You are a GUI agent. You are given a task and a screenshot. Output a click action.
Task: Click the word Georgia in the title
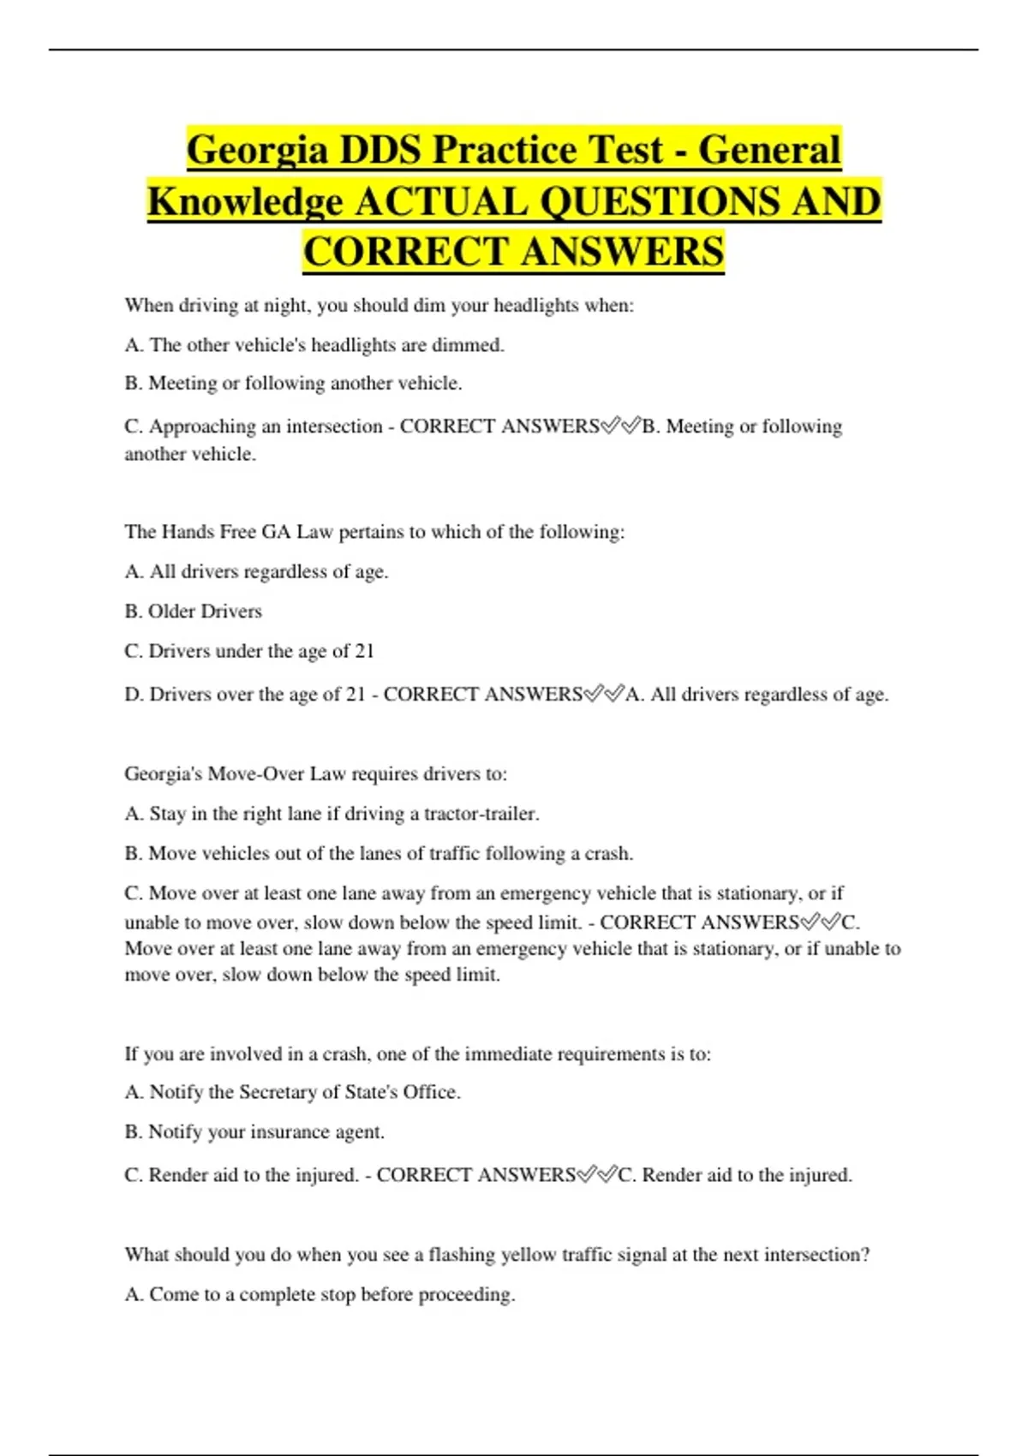[x=257, y=151]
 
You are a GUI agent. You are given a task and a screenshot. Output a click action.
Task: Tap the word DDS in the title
[x=380, y=151]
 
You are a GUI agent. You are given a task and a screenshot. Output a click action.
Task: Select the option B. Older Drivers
[x=193, y=612]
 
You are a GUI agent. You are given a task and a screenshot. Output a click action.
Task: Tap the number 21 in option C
[x=364, y=651]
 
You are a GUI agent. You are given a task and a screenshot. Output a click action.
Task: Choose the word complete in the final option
[x=276, y=1294]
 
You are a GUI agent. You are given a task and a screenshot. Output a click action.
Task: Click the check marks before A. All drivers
[x=604, y=694]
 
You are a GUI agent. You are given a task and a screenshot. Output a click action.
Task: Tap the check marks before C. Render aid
[x=597, y=1175]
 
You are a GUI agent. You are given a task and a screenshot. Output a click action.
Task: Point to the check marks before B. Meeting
[x=621, y=427]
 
